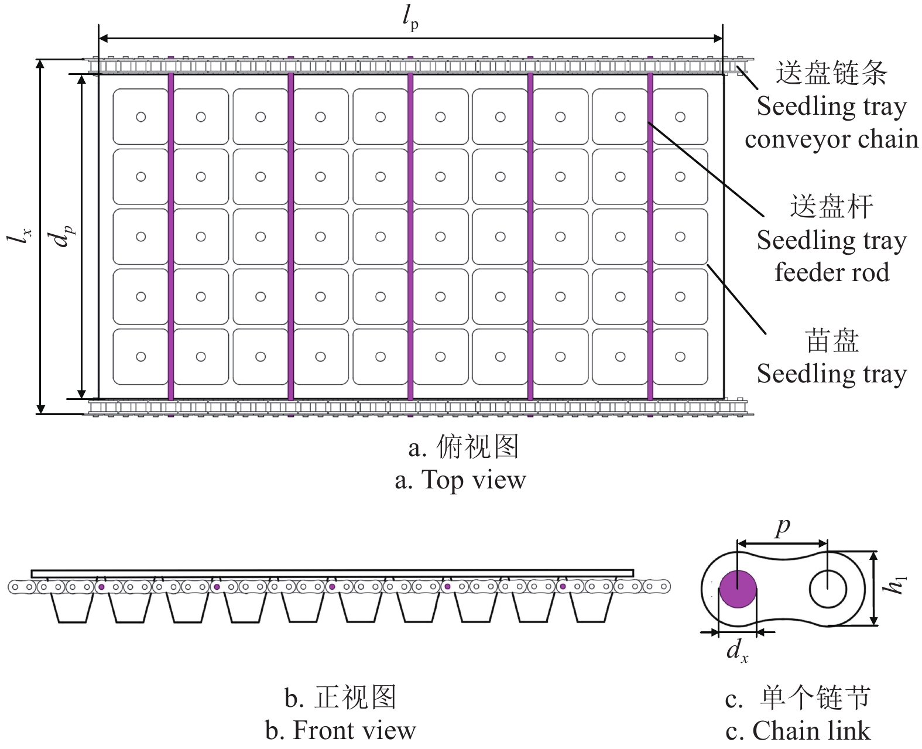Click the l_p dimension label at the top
click(x=410, y=19)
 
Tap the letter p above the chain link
click(x=783, y=528)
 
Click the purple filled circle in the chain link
click(x=738, y=589)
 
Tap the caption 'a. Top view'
click(x=460, y=480)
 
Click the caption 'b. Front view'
click(x=341, y=730)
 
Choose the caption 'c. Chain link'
click(x=798, y=730)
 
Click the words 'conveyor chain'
click(x=831, y=139)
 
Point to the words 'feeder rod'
click(x=832, y=272)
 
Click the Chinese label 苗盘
click(x=832, y=341)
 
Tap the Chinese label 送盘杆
click(x=831, y=206)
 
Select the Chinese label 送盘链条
click(x=831, y=72)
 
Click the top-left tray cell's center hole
click(x=140, y=117)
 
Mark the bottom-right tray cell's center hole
click(x=680, y=356)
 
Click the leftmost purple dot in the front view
click(x=101, y=587)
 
